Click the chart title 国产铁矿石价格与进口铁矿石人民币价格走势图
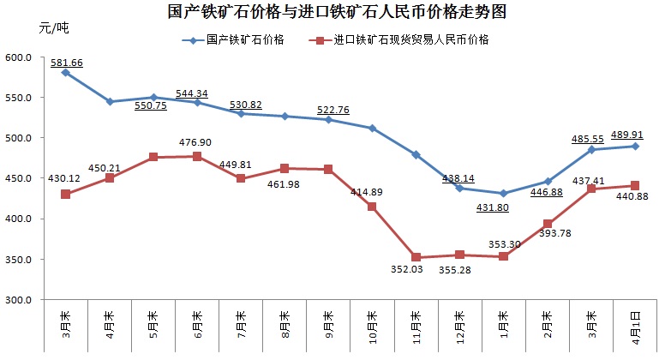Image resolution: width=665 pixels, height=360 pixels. tap(332, 13)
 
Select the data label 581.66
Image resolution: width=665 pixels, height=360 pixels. tap(68, 63)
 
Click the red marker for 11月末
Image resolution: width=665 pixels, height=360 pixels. tap(416, 257)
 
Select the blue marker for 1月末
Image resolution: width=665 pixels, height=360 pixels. tap(504, 194)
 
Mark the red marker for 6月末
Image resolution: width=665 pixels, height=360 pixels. tap(197, 156)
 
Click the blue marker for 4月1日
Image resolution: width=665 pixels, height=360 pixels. tap(635, 146)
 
